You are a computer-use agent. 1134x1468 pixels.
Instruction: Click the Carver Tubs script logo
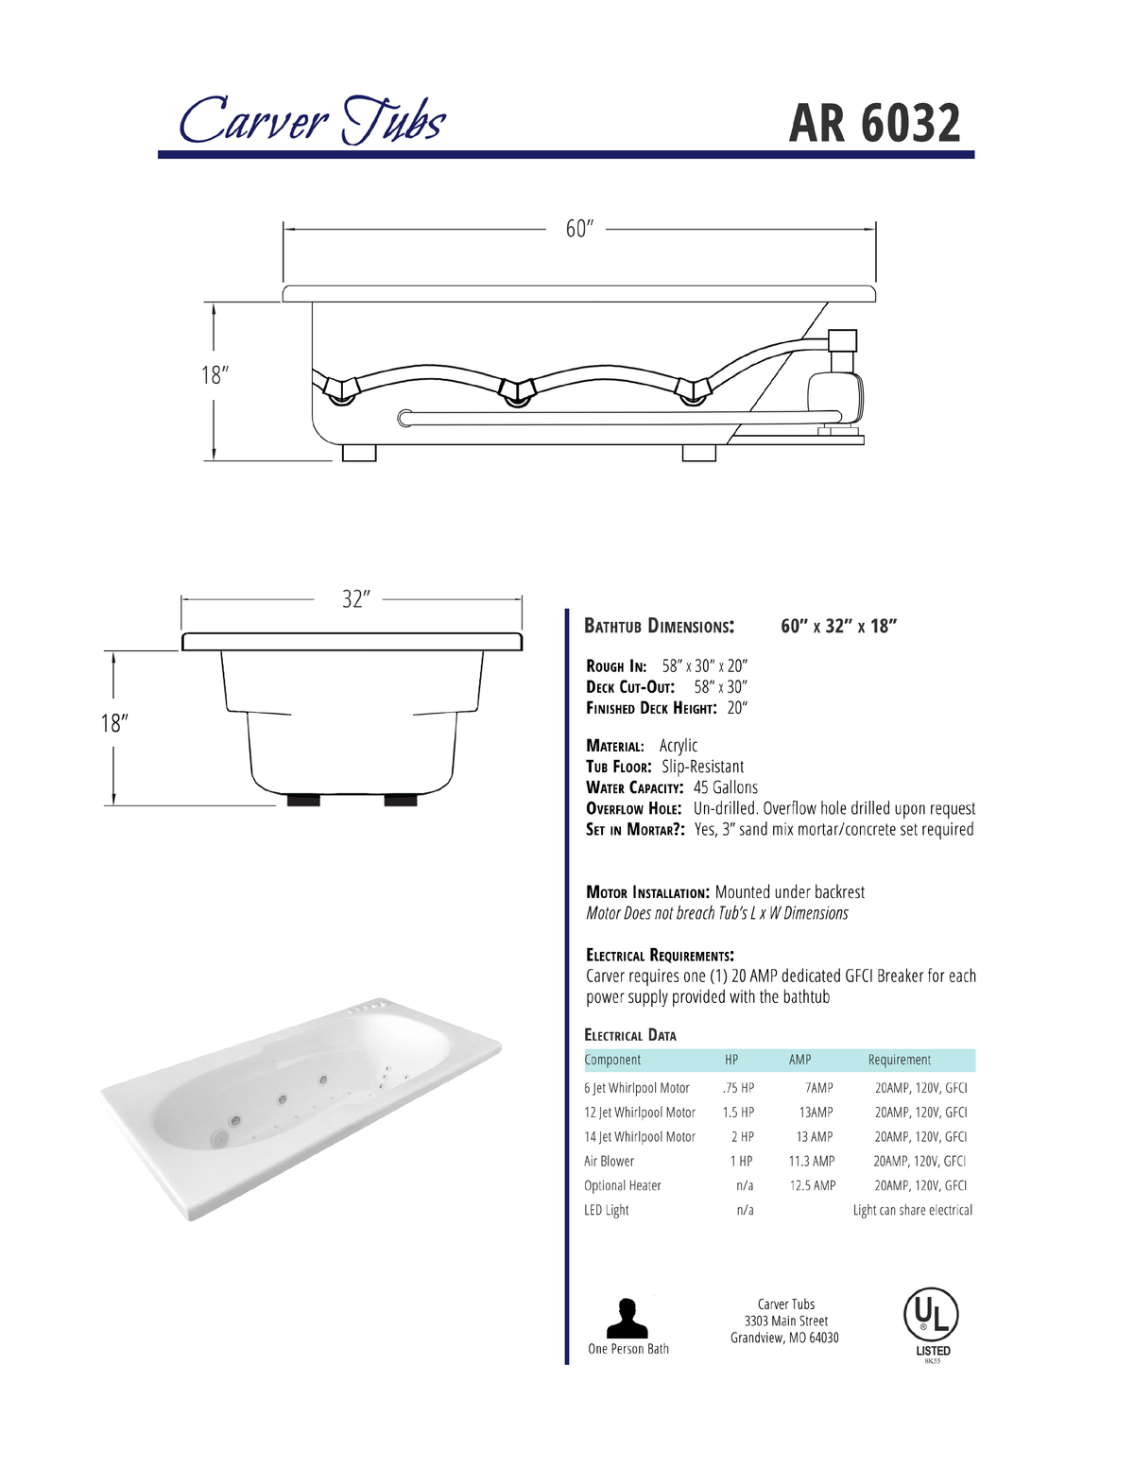click(312, 119)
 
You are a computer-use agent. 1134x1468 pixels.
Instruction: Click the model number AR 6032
click(874, 123)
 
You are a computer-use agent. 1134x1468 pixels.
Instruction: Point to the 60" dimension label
click(579, 230)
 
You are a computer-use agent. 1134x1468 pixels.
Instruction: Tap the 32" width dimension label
click(356, 599)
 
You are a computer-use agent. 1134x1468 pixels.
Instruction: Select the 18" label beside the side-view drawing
click(215, 375)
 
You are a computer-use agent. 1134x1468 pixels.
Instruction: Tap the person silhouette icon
click(627, 1318)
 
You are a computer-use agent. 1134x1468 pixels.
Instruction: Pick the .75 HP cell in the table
click(738, 1088)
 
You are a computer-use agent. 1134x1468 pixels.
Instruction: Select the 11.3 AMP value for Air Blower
click(812, 1161)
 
